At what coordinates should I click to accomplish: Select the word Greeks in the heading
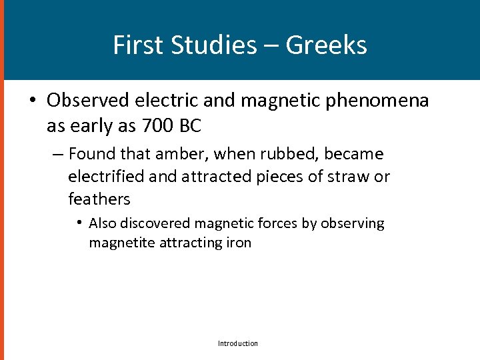(x=326, y=45)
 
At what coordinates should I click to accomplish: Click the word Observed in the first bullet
(x=89, y=101)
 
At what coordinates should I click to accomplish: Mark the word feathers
(x=99, y=199)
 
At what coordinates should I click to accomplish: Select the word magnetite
(x=122, y=243)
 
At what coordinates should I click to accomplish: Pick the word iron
(x=238, y=243)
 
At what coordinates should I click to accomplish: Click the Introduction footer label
(x=238, y=343)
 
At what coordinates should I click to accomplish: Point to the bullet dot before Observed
(x=32, y=101)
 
